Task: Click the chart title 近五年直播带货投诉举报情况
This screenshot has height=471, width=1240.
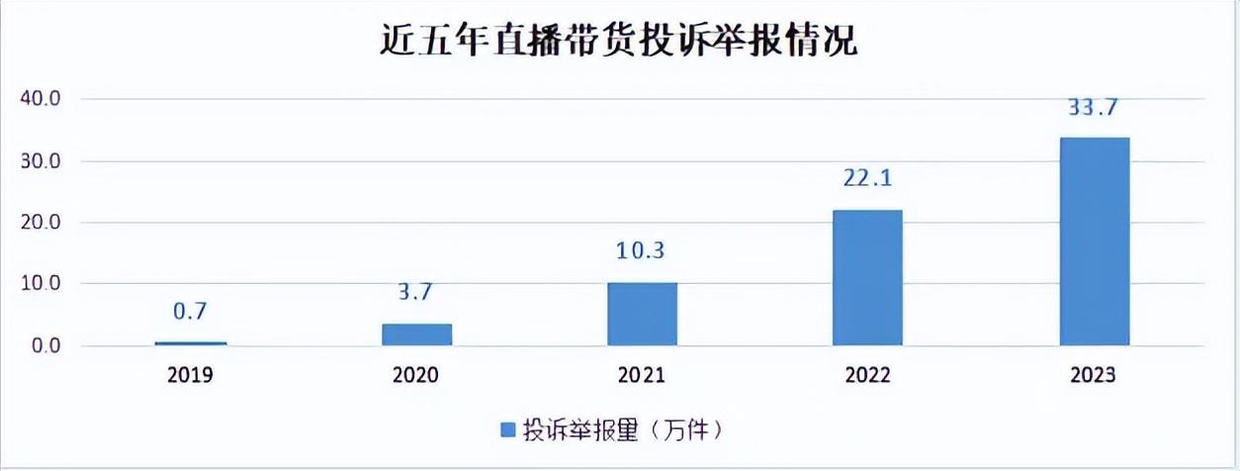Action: point(619,43)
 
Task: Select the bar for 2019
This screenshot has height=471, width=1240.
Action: point(191,343)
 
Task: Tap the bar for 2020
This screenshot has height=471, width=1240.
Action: point(416,334)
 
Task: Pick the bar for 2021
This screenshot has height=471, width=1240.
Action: point(643,314)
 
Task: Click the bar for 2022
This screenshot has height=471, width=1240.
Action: point(868,277)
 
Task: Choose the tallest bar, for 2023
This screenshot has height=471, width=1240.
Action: point(1095,241)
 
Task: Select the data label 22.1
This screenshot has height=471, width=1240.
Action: point(868,179)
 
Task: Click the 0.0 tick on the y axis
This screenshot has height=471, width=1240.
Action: point(44,346)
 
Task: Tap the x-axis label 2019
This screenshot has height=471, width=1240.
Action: point(191,376)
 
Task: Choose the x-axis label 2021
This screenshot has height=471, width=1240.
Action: point(643,376)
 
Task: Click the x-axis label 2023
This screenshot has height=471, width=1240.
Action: point(1095,376)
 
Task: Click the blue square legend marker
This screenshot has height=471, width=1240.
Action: point(508,429)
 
